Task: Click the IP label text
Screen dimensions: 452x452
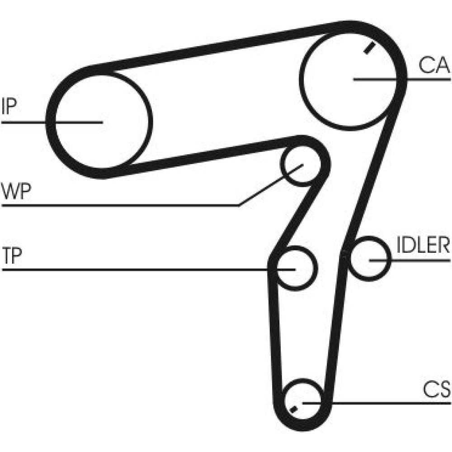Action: click(x=9, y=106)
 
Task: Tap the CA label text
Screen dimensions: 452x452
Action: click(x=434, y=65)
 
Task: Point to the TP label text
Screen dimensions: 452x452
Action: click(x=12, y=255)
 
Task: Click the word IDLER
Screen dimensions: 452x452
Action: click(x=423, y=245)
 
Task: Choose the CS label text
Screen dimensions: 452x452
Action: click(x=437, y=389)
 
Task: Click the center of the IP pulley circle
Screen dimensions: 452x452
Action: click(x=102, y=122)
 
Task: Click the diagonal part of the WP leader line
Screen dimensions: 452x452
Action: click(x=271, y=185)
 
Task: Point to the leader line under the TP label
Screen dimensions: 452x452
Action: click(x=149, y=270)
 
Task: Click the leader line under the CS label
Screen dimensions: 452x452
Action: click(x=376, y=403)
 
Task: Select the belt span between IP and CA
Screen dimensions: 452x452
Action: click(x=213, y=46)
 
